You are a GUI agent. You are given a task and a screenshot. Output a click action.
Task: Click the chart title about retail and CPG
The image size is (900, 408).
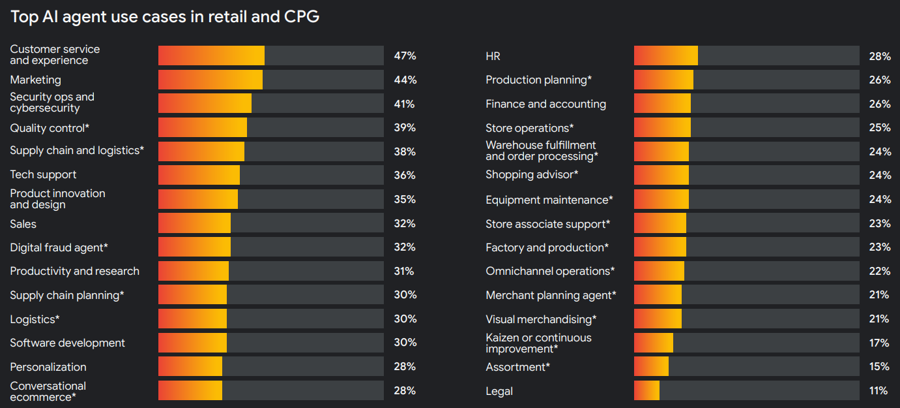165,17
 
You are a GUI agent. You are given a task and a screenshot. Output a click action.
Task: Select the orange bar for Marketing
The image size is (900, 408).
210,80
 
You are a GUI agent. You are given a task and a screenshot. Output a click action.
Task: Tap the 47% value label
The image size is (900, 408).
405,56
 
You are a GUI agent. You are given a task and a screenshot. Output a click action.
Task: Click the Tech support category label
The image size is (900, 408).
43,175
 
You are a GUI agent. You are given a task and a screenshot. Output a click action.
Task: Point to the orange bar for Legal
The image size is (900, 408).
646,390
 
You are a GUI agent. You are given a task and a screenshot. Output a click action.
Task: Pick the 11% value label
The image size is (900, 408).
878,391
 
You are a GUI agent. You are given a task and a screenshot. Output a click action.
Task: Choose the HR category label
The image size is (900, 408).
493,57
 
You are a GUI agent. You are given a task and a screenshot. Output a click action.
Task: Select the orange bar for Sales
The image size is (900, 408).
194,223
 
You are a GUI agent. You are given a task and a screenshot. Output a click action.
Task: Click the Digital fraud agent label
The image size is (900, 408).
59,247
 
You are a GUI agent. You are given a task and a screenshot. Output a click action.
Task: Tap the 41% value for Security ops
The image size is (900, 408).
404,104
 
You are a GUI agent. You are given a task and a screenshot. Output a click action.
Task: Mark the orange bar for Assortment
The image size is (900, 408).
651,366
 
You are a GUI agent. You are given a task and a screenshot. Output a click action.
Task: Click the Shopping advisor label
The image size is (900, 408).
532,175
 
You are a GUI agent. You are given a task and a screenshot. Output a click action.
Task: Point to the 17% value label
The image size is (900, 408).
878,343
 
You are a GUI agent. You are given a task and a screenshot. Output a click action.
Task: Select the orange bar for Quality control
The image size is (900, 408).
202,127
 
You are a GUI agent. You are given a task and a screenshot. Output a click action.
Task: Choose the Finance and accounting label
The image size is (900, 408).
545,104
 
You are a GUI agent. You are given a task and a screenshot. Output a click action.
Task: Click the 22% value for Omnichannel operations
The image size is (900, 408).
878,271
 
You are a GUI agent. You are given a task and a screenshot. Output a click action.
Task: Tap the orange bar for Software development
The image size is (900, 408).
192,343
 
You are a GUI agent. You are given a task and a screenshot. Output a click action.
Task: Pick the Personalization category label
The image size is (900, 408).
48,367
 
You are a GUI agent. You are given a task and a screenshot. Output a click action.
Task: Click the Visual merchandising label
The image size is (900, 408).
541,319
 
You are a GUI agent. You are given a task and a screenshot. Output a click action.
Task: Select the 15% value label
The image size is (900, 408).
878,367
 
